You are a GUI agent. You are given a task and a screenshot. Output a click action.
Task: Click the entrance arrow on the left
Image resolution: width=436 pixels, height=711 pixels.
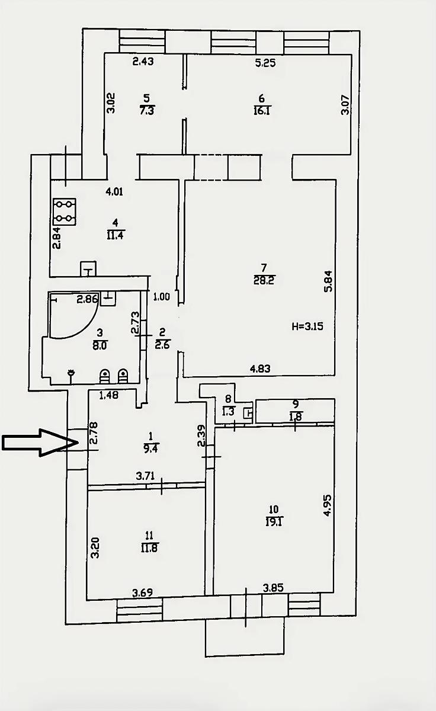pyautogui.click(x=40, y=443)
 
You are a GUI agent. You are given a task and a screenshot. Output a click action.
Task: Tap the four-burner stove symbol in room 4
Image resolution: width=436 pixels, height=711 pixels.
pyautogui.click(x=65, y=212)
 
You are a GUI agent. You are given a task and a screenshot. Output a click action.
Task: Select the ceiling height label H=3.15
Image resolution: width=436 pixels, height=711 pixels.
pyautogui.click(x=307, y=326)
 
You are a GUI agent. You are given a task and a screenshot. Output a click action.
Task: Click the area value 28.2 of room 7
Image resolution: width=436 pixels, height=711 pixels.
pyautogui.click(x=264, y=281)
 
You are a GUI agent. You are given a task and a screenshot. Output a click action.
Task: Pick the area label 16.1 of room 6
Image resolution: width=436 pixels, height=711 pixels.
pyautogui.click(x=262, y=111)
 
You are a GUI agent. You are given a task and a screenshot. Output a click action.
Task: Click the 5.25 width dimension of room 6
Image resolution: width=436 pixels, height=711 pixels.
pyautogui.click(x=265, y=63)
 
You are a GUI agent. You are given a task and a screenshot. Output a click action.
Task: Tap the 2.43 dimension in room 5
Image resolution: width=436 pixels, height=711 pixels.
pyautogui.click(x=143, y=61)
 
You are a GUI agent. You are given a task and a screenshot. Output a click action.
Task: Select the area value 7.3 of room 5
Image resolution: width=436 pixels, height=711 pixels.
pyautogui.click(x=146, y=111)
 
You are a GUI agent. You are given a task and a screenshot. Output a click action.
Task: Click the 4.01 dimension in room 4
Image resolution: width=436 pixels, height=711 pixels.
pyautogui.click(x=114, y=192)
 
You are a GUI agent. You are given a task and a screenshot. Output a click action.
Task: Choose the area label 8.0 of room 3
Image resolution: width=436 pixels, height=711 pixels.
pyautogui.click(x=100, y=345)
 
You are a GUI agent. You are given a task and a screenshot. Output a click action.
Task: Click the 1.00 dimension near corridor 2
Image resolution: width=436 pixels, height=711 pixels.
pyautogui.click(x=162, y=297)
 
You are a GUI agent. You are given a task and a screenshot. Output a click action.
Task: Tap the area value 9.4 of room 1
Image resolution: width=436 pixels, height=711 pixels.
pyautogui.click(x=150, y=449)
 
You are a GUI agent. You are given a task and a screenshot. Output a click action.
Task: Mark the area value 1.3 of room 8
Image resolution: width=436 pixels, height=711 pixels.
pyautogui.click(x=229, y=412)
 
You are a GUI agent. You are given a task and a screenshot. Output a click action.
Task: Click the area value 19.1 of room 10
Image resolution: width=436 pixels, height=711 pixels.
pyautogui.click(x=274, y=521)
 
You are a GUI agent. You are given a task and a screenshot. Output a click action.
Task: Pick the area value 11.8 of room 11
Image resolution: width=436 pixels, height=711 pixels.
pyautogui.click(x=149, y=548)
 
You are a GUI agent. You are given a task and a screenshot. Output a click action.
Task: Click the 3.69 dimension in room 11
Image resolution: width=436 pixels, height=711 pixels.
pyautogui.click(x=143, y=592)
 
